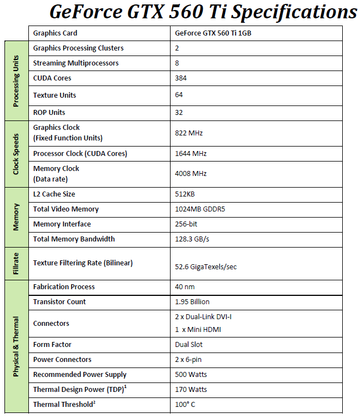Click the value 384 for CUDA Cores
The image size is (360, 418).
tap(181, 78)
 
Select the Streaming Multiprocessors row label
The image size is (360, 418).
tap(76, 63)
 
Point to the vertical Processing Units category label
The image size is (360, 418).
tap(16, 81)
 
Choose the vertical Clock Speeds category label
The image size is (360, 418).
tap(16, 154)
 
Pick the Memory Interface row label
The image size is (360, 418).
tap(62, 224)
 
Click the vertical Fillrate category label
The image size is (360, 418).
tap(16, 263)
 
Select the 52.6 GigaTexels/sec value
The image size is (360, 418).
tap(206, 267)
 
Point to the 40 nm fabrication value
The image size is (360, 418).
tap(185, 287)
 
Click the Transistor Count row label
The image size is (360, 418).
tap(59, 302)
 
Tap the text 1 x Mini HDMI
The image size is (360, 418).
tap(198, 330)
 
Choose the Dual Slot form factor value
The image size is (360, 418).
tap(189, 345)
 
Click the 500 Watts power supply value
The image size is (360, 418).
tap(191, 375)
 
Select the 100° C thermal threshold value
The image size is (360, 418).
tap(185, 405)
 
